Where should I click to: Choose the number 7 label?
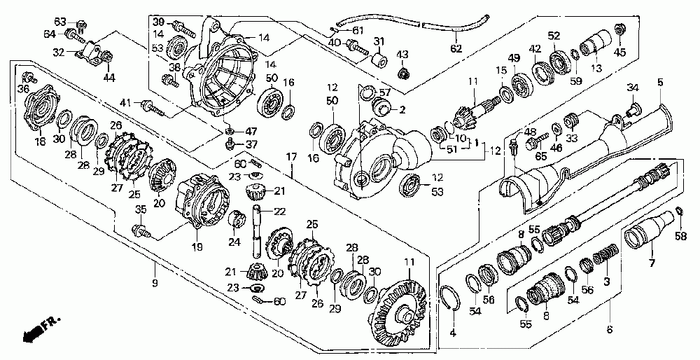click(x=652, y=264)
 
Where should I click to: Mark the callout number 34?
click(x=632, y=88)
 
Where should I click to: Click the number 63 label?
click(x=60, y=22)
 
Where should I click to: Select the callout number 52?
click(x=554, y=36)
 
